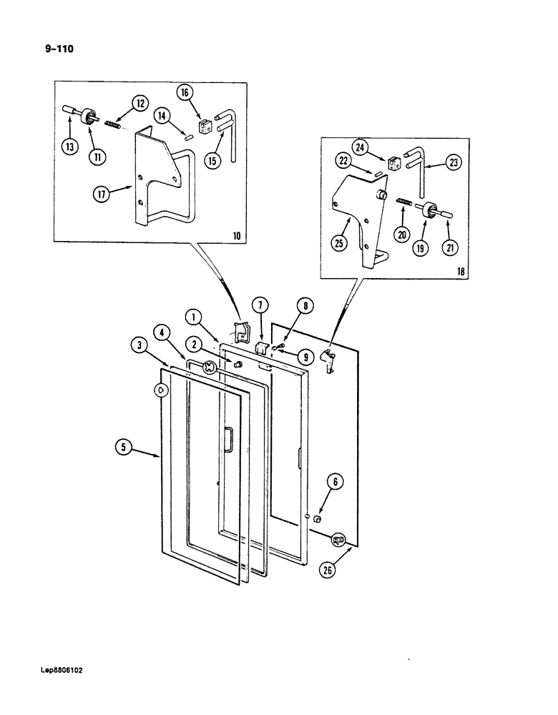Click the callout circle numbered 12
tap(140, 104)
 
